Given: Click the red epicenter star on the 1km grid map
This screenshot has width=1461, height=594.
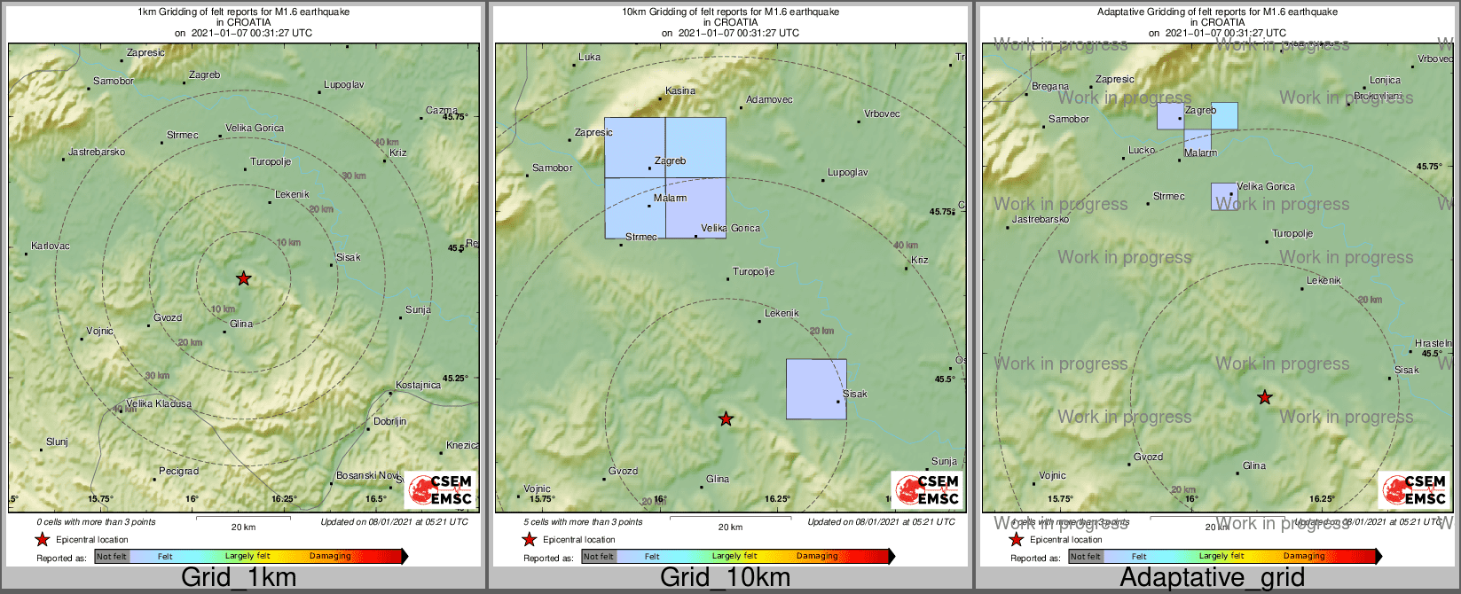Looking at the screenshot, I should (244, 278).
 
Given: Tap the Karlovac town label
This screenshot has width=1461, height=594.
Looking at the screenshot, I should (50, 246).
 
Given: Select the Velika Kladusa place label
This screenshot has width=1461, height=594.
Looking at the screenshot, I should (159, 403).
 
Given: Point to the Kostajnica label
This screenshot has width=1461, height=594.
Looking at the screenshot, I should (418, 385).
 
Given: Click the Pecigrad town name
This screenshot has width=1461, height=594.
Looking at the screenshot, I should (178, 471).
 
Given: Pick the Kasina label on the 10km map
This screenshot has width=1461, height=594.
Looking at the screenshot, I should (680, 90).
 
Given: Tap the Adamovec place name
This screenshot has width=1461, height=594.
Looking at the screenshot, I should (769, 100).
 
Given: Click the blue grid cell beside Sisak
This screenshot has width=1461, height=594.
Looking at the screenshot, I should (815, 388).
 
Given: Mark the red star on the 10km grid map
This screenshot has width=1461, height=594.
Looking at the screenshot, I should (726, 418).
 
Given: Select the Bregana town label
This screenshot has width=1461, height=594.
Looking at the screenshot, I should (1050, 87).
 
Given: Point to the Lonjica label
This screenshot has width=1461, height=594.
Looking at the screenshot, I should (1385, 80).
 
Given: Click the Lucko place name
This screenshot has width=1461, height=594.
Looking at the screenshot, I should (1142, 150).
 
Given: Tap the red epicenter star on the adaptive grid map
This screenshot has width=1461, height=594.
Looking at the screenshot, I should (1265, 398).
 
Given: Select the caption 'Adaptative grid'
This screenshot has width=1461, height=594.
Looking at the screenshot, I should (1212, 578).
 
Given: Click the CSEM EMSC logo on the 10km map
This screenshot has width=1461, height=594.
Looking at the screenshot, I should (927, 490).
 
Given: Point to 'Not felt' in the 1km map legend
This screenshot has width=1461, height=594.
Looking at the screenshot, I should (112, 557).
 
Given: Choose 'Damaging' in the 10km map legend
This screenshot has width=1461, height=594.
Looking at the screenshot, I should (817, 557).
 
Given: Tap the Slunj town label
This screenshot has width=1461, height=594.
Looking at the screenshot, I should (57, 442).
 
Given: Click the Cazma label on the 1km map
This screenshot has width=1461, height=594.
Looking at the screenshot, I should (441, 110).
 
